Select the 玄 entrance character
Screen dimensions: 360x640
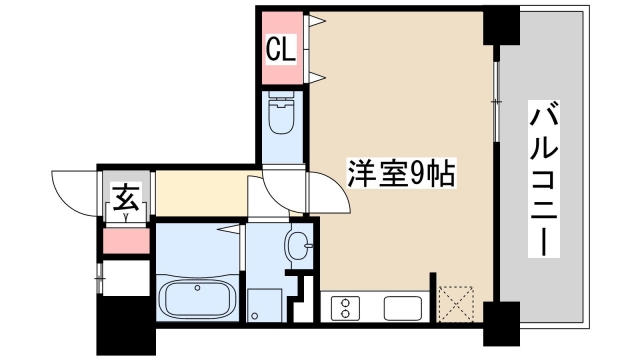(126, 195)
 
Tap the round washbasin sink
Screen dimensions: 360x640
(297, 243)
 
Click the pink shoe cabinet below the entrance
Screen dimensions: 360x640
(126, 241)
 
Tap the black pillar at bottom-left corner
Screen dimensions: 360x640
(121, 326)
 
